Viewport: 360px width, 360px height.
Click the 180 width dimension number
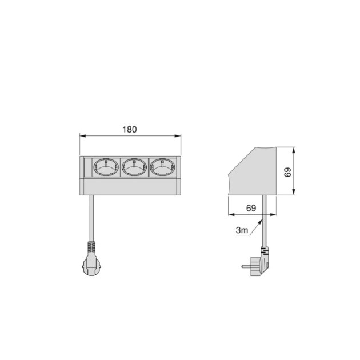click(x=129, y=129)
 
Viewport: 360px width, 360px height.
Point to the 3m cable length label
click(x=242, y=230)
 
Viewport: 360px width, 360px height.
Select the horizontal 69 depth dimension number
click(x=251, y=208)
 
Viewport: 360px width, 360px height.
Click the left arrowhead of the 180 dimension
click(x=82, y=136)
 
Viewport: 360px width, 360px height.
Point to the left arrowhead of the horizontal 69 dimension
click(x=230, y=215)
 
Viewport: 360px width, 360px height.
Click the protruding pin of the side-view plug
click(x=246, y=266)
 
